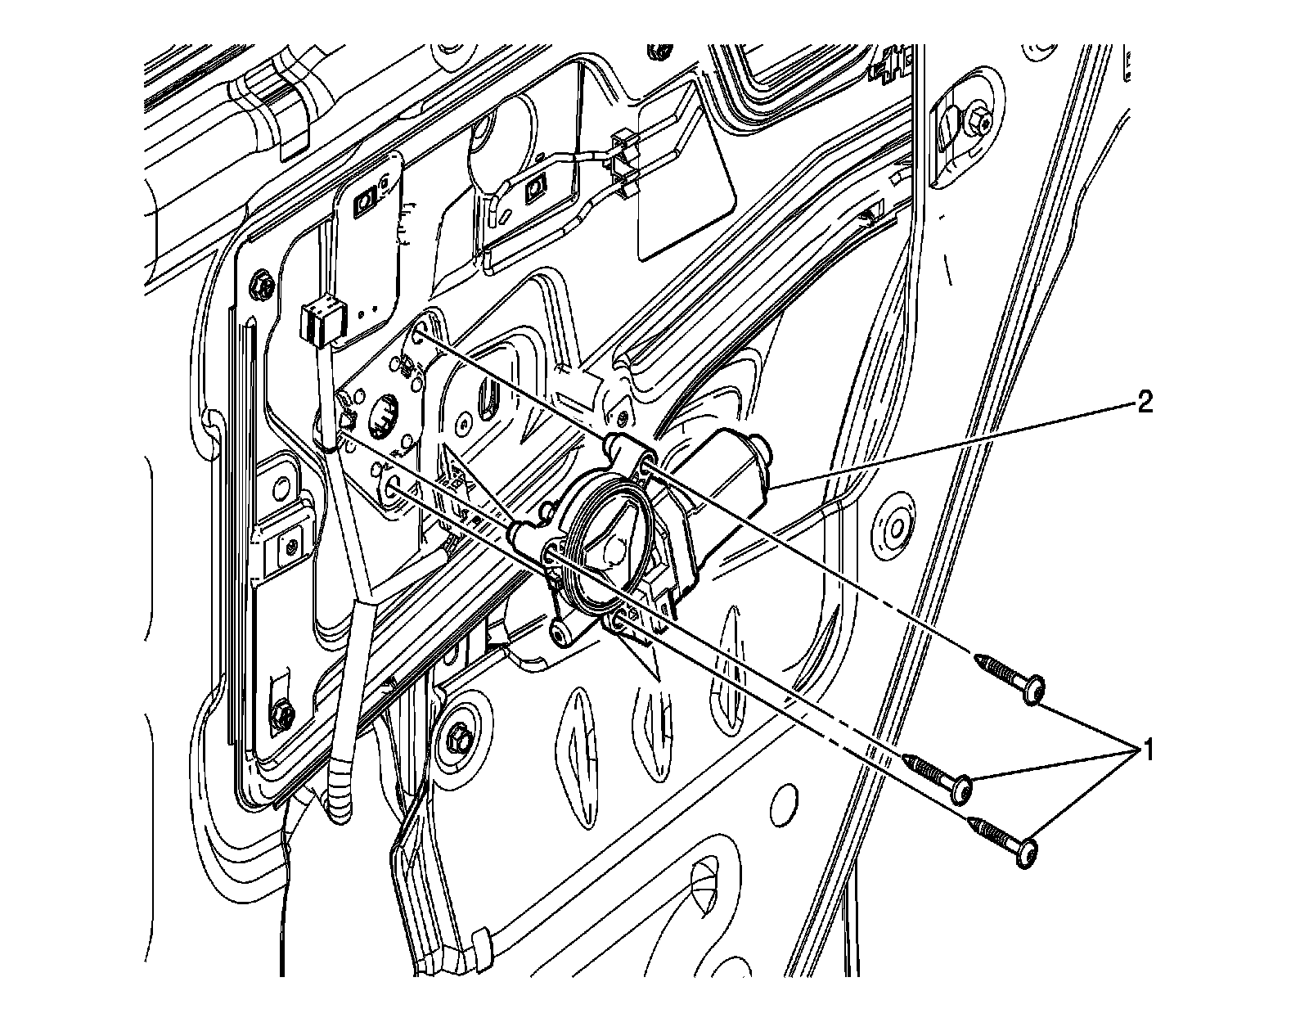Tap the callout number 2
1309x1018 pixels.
pos(1145,403)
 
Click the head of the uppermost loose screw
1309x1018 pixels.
pos(1035,688)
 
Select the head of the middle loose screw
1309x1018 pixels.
pos(964,787)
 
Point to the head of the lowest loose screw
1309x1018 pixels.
pos(1028,854)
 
